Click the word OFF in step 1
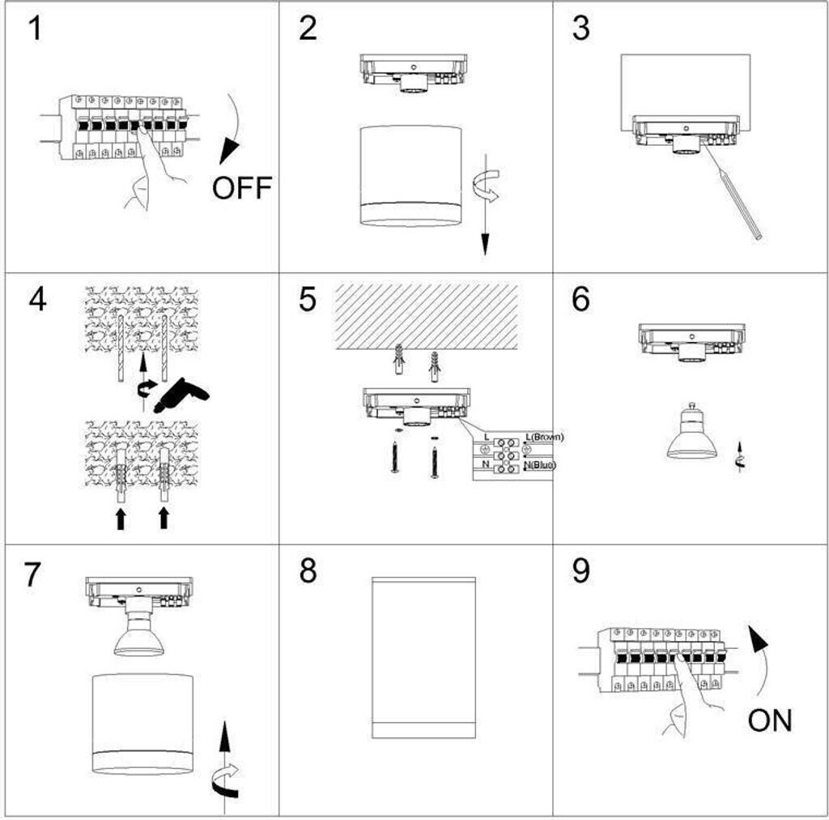point(241,188)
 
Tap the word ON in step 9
point(770,720)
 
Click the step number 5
point(308,299)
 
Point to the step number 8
point(308,571)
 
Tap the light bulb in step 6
point(691,433)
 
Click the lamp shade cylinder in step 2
point(410,176)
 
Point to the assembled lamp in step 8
point(423,657)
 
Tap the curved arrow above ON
point(760,656)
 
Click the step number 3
point(580,28)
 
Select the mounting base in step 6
point(691,343)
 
